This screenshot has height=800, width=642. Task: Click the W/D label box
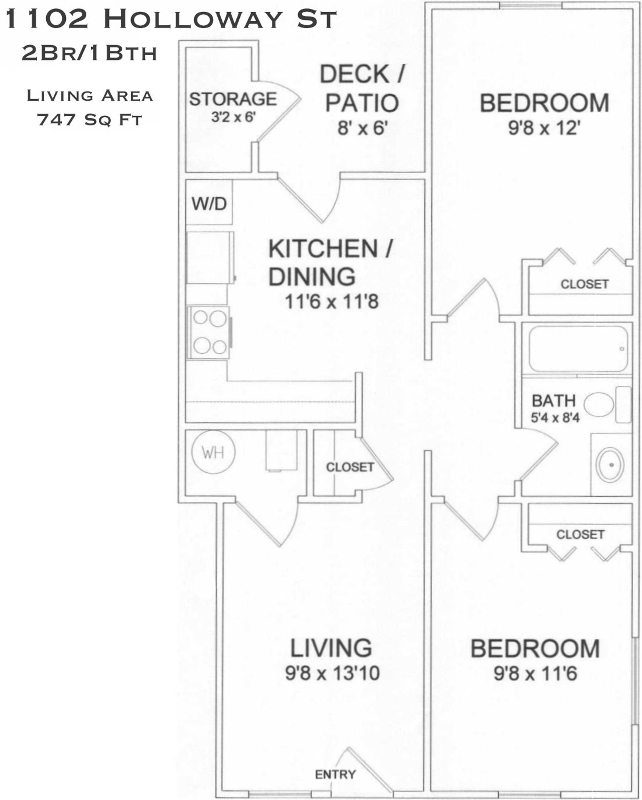(209, 204)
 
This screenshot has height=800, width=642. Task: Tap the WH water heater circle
(213, 452)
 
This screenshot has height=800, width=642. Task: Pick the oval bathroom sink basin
(610, 465)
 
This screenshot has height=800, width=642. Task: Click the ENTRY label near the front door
(335, 774)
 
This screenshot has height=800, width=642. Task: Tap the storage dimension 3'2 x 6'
(233, 117)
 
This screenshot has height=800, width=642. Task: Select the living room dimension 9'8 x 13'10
(332, 673)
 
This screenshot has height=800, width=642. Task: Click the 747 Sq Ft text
(90, 120)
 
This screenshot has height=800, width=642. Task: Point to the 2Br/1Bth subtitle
(89, 53)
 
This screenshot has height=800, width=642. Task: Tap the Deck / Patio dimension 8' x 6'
(362, 128)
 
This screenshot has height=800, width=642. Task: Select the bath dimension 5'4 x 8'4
(555, 417)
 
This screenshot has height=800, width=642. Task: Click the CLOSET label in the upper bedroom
(584, 284)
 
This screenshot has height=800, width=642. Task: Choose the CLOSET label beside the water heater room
(350, 467)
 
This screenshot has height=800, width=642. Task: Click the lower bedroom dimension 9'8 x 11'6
(535, 673)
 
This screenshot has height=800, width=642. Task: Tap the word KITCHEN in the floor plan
(323, 249)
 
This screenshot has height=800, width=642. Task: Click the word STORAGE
(233, 99)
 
